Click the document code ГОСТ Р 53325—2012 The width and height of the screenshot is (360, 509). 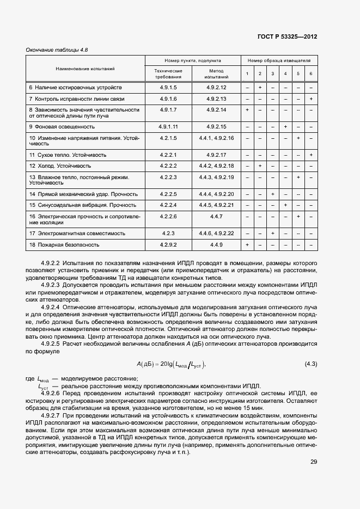(x=287, y=37)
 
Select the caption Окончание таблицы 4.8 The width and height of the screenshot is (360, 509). (x=57, y=50)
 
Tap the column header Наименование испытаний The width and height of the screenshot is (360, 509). (x=85, y=69)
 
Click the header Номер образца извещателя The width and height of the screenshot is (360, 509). (x=279, y=61)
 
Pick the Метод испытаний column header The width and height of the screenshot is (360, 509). (x=216, y=73)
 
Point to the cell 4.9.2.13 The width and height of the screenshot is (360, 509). (x=216, y=99)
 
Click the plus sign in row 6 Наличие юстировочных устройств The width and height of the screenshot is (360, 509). (x=260, y=87)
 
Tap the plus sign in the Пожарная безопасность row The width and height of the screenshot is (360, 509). (x=247, y=245)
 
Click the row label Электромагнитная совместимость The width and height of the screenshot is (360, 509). (x=77, y=233)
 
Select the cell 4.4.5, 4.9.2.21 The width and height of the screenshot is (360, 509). (x=216, y=205)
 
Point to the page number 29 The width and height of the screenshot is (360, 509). (x=314, y=462)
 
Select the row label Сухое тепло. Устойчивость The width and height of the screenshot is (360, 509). (x=68, y=155)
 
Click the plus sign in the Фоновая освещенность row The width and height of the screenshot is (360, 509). (x=285, y=126)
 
